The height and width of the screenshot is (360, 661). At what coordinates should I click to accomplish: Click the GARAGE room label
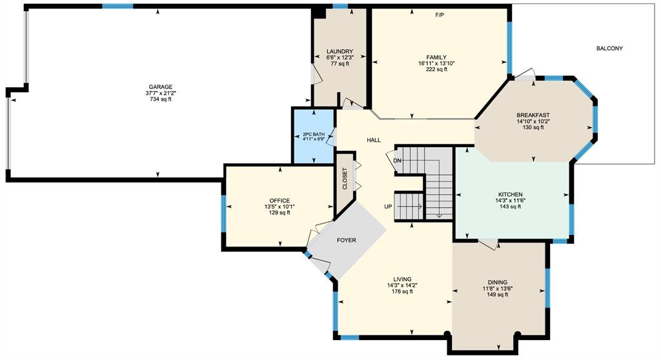[160, 87]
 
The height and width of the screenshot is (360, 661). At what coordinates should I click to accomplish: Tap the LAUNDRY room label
[340, 52]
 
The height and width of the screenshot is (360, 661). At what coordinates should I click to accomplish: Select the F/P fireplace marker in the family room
[440, 15]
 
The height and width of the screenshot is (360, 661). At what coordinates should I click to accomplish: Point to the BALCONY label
[609, 48]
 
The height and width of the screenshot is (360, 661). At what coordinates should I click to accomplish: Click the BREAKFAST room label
[533, 115]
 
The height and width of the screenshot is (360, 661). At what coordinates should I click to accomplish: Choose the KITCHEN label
[511, 195]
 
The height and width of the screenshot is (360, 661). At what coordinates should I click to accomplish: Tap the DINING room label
[498, 283]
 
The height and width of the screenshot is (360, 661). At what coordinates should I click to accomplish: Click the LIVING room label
[402, 279]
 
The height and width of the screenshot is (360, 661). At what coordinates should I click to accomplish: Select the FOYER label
[347, 240]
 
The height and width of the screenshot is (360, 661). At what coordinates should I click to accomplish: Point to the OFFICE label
[280, 201]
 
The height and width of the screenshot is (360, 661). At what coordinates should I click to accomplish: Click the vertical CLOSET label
[345, 179]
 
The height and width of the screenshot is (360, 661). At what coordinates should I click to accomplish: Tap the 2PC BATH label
[314, 134]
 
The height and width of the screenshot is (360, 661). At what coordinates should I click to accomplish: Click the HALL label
[374, 141]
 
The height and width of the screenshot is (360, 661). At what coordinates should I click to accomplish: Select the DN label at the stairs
[397, 161]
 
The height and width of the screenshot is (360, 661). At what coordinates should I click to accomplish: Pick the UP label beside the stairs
[388, 207]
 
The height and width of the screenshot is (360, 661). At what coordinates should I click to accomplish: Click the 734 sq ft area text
[160, 99]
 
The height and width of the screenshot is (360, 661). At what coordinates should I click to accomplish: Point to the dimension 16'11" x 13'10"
[436, 64]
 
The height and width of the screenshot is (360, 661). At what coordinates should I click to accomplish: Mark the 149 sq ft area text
[498, 295]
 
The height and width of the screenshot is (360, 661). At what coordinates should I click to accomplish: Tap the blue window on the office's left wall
[223, 214]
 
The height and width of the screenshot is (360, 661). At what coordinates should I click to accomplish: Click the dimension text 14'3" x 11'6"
[511, 201]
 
